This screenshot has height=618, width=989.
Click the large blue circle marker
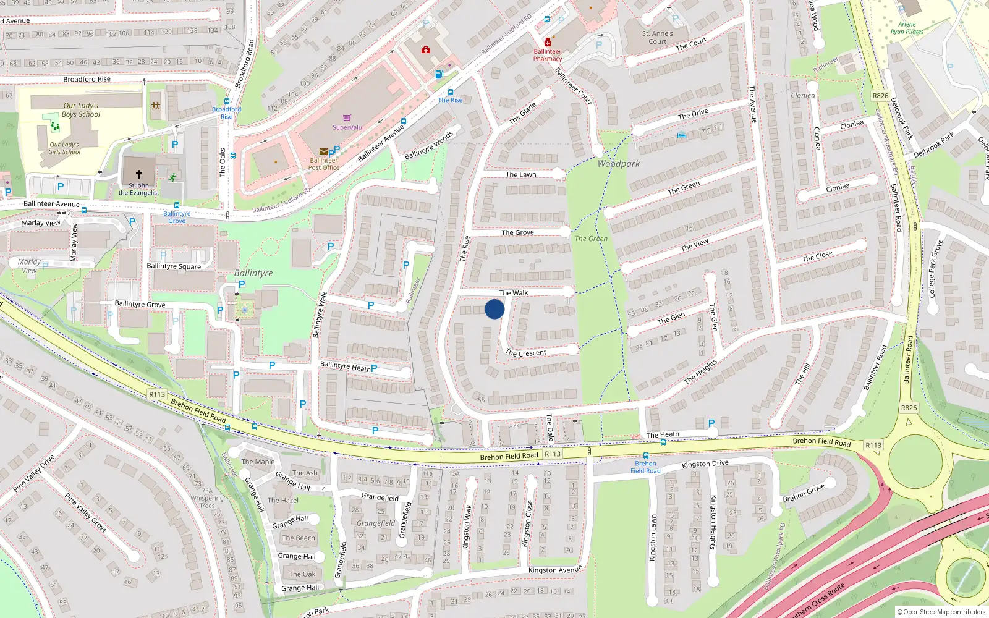click(x=494, y=309)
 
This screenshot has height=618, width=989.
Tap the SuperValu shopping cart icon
click(x=347, y=117)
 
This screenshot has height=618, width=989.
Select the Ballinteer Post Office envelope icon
click(x=323, y=151)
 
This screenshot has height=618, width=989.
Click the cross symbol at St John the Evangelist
click(x=139, y=174)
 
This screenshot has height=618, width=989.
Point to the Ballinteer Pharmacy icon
click(x=547, y=43)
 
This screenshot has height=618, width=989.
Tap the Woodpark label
click(x=619, y=164)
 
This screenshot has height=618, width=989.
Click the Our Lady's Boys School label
click(x=80, y=110)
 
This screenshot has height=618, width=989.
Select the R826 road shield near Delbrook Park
click(x=880, y=96)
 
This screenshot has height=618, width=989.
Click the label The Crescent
click(x=526, y=353)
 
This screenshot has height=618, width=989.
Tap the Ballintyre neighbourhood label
click(x=253, y=273)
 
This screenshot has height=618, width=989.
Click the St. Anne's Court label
click(x=657, y=38)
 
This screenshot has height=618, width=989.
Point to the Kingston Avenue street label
click(x=555, y=570)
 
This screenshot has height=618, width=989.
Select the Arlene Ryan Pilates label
click(x=907, y=28)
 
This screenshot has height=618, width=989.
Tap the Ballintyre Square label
click(x=174, y=266)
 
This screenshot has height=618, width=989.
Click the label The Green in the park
click(x=591, y=239)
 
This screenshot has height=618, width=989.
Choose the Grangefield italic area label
click(x=376, y=523)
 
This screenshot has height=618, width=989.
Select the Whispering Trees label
click(x=207, y=502)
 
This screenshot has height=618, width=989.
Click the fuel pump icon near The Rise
click(x=439, y=75)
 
